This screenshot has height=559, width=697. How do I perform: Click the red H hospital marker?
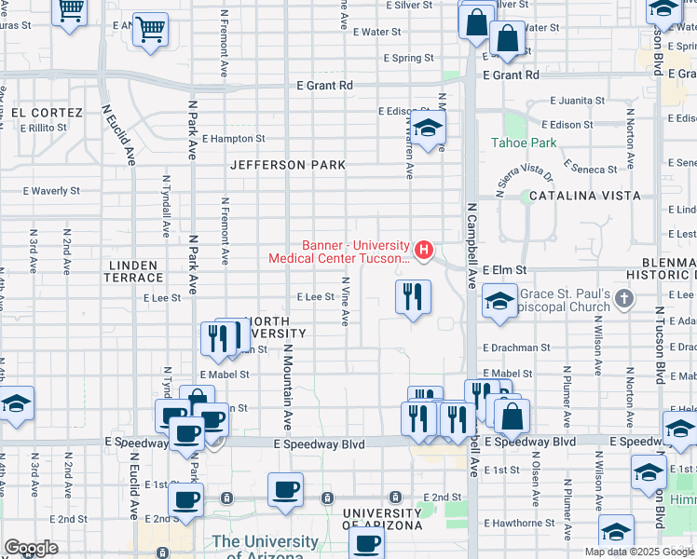pos(425,250)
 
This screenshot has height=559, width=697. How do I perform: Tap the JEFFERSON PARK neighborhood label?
pos(289,165)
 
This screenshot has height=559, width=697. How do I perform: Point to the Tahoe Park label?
pos(525,143)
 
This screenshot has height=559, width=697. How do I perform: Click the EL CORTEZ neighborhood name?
pos(47,113)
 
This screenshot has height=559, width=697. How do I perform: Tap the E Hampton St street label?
pos(233,139)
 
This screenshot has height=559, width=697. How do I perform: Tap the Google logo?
pos(31,548)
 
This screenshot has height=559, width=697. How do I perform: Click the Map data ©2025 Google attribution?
pos(639,552)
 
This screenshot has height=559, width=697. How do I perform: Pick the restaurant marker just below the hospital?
pos(411,297)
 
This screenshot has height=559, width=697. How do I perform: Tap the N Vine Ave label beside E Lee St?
pos(345,300)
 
